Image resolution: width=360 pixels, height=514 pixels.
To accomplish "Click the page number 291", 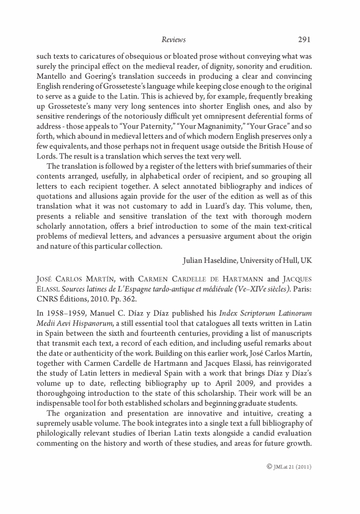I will (x=303, y=40).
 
